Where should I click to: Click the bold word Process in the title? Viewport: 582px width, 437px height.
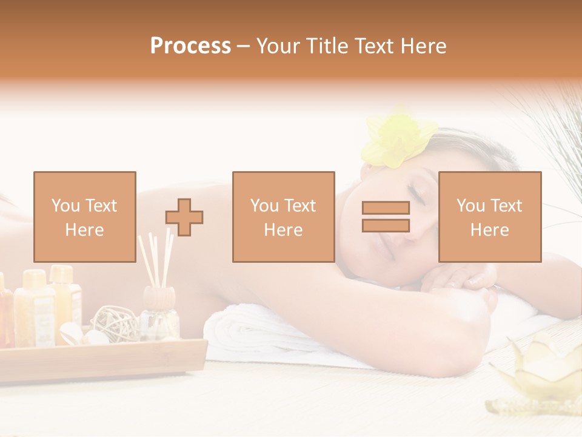click(x=190, y=46)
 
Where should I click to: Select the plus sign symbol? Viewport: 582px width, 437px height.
click(x=184, y=217)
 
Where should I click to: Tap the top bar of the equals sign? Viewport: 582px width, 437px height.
click(x=386, y=208)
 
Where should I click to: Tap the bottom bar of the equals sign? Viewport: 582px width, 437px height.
click(x=386, y=225)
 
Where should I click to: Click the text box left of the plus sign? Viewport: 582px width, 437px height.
click(x=84, y=217)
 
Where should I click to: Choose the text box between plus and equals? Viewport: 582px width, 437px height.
click(x=283, y=217)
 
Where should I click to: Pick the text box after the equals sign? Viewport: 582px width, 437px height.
click(x=489, y=217)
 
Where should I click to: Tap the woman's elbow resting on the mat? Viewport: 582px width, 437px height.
click(x=467, y=346)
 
